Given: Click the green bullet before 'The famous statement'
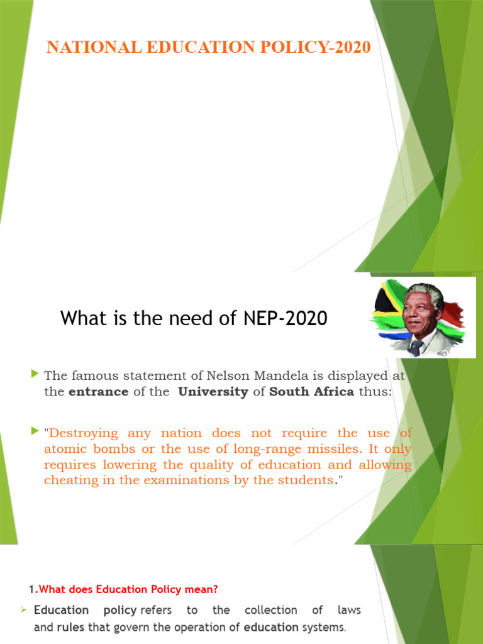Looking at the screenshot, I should [35, 375].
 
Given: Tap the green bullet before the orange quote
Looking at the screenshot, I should [35, 432].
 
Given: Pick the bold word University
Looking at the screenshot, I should [213, 392].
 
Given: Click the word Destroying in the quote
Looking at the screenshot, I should [84, 433].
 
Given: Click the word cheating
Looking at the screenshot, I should [67, 480].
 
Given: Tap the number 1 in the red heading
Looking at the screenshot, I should [31, 589].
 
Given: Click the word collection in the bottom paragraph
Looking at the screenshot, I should [270, 610].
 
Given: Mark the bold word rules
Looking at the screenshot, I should [70, 627].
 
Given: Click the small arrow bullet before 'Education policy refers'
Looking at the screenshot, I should [23, 610].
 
